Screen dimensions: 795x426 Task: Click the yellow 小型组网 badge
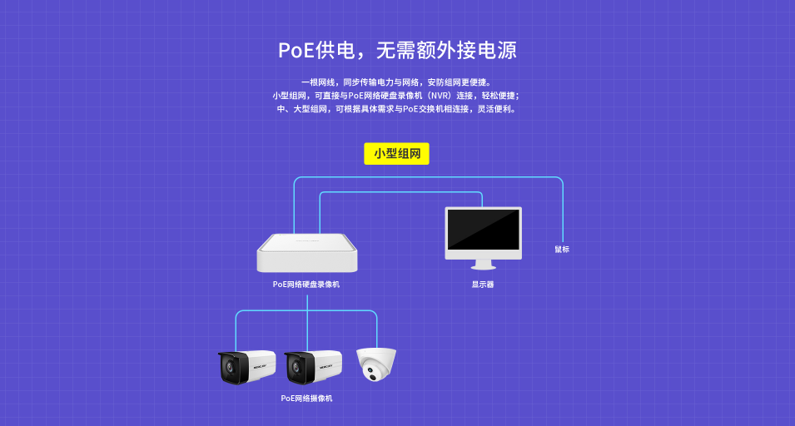(x=396, y=153)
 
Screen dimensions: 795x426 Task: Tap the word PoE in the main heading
(x=296, y=50)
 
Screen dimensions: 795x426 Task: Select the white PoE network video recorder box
(x=307, y=253)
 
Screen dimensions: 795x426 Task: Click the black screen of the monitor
(x=483, y=230)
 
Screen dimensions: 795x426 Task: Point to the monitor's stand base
(x=483, y=266)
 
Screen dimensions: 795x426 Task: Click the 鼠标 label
(x=562, y=250)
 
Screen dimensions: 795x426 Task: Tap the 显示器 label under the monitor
(x=483, y=285)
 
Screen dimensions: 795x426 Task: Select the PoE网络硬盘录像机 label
(x=306, y=285)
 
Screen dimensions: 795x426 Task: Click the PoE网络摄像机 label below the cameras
(x=306, y=399)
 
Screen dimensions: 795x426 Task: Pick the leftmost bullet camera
(x=247, y=367)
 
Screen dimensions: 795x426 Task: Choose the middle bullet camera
(x=313, y=367)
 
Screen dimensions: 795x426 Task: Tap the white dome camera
(x=376, y=364)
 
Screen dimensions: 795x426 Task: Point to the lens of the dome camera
(x=373, y=377)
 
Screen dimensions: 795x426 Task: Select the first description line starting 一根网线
(x=396, y=82)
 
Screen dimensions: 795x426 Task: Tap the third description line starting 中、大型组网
(x=396, y=109)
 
